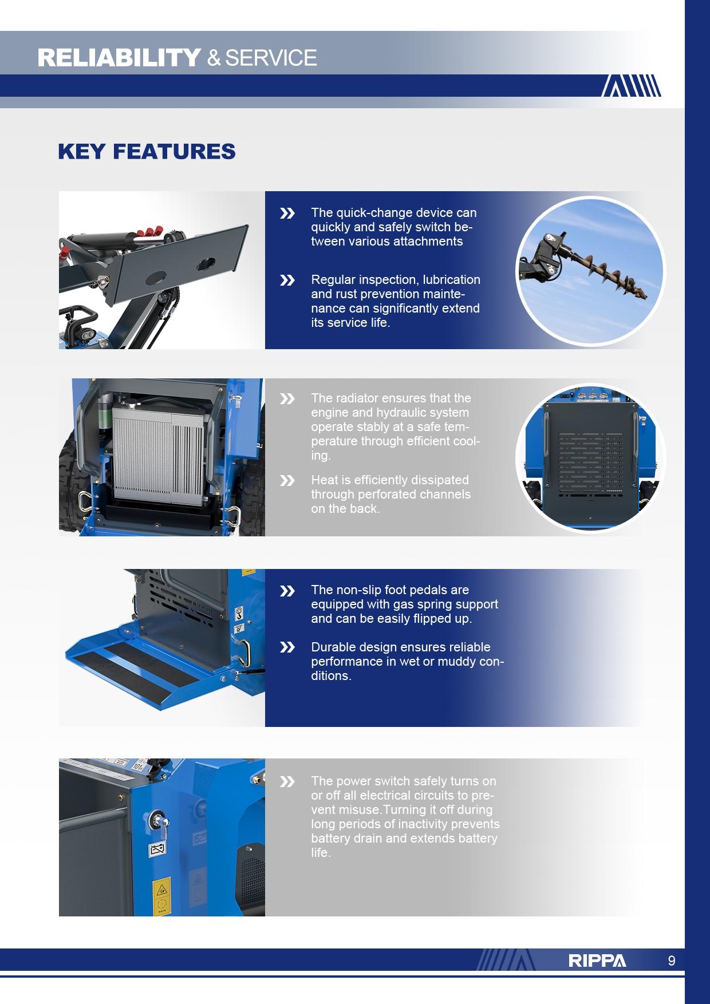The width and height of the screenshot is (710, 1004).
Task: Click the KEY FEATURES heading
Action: point(147,152)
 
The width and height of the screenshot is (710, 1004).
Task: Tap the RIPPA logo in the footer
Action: point(597,960)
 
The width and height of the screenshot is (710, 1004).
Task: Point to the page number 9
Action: point(672,960)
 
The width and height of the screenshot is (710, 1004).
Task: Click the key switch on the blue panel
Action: point(156,820)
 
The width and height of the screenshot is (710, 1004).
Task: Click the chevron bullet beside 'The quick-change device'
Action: point(287,214)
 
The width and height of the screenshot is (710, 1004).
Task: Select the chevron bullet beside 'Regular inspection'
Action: point(287,280)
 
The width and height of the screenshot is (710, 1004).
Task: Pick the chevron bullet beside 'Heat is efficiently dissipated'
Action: point(287,481)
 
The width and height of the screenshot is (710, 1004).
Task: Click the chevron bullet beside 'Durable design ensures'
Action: point(287,647)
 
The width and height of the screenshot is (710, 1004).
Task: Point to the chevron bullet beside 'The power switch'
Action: point(287,782)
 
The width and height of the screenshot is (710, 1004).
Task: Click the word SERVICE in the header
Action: point(271,58)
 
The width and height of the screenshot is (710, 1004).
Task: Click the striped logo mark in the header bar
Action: point(631,86)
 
